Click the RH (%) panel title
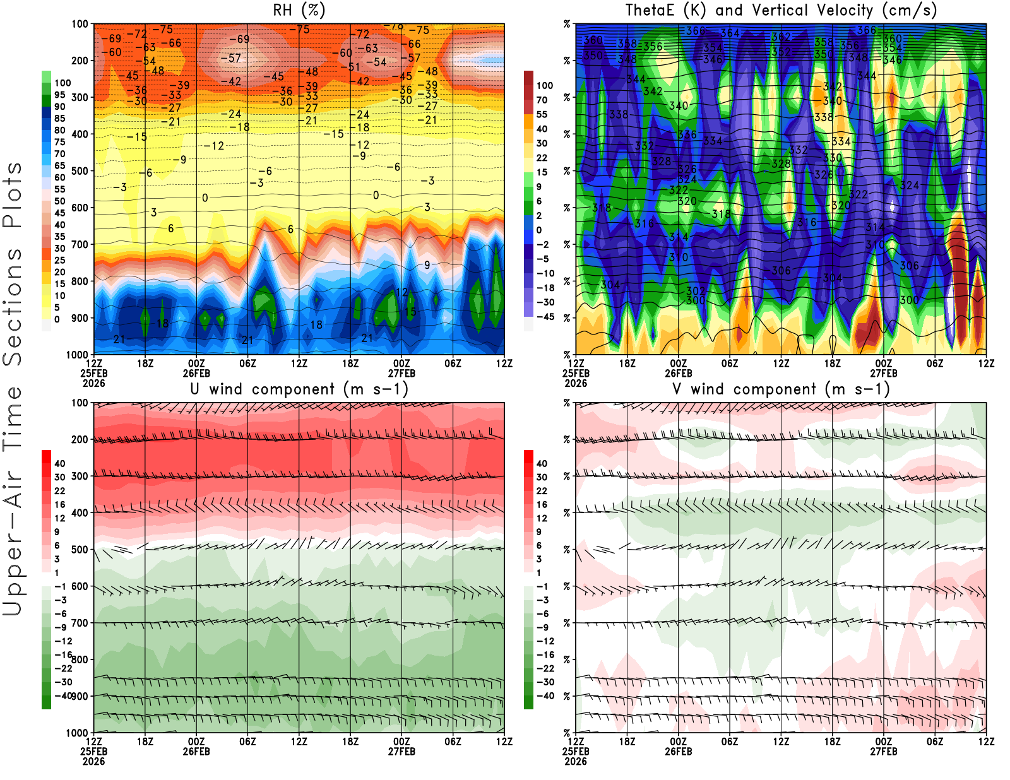(299, 11)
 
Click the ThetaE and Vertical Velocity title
(781, 11)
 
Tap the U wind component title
(299, 389)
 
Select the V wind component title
(781, 389)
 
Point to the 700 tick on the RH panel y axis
(80, 244)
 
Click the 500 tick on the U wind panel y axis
(80, 550)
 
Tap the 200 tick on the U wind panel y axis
(80, 439)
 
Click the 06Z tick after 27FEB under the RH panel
(453, 363)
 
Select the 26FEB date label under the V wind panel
(678, 752)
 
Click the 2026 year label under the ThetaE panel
(576, 383)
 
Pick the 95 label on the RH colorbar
(59, 95)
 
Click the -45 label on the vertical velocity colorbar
(545, 317)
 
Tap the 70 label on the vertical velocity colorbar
(542, 100)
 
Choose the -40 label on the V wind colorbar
(545, 696)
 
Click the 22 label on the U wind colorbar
(59, 490)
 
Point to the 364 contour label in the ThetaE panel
(730, 33)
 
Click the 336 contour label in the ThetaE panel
(687, 134)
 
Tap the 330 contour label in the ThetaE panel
(833, 158)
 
